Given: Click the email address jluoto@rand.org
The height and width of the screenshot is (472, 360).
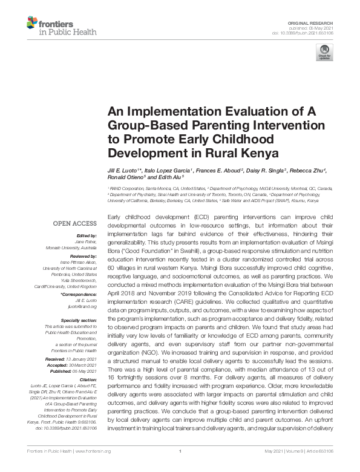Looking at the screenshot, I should [x=87, y=307].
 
